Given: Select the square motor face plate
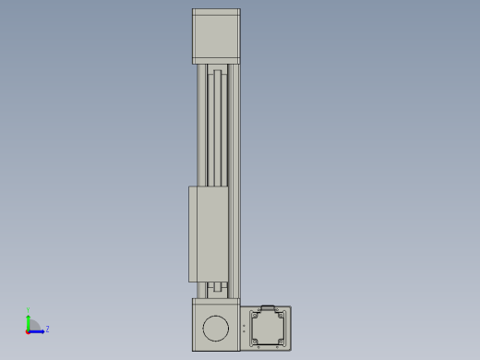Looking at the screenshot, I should click(x=268, y=328).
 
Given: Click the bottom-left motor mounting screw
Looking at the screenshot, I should click(x=254, y=342).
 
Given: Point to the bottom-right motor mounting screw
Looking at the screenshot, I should click(x=282, y=342).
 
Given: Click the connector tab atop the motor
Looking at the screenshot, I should click(x=269, y=306).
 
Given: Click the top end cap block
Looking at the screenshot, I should click(x=216, y=35).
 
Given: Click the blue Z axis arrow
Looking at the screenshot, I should click(x=38, y=330).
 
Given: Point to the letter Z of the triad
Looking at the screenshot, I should click(x=47, y=329).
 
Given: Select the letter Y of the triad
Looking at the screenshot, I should click(x=28, y=310).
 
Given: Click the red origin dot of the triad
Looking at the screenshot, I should click(x=28, y=330).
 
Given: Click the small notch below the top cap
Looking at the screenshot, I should click(x=217, y=71).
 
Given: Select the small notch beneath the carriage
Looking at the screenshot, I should click(x=218, y=287).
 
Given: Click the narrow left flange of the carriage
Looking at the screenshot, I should click(x=191, y=234).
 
